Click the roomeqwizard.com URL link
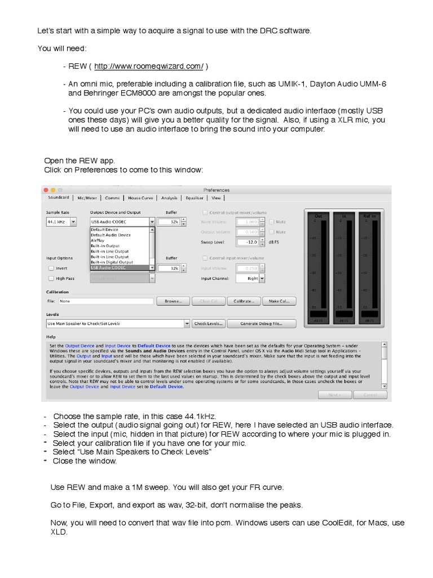coord(148,67)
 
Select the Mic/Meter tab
coord(87,198)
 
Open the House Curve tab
coord(140,198)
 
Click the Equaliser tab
coord(195,198)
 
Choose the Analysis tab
coord(169,198)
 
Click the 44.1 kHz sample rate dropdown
coord(61,222)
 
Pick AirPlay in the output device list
coord(98,240)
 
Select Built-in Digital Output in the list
coord(112,262)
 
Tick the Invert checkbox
coord(51,269)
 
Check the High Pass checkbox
coord(51,278)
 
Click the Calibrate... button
coord(247,301)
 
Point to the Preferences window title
coord(216,190)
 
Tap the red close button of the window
coord(46,190)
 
